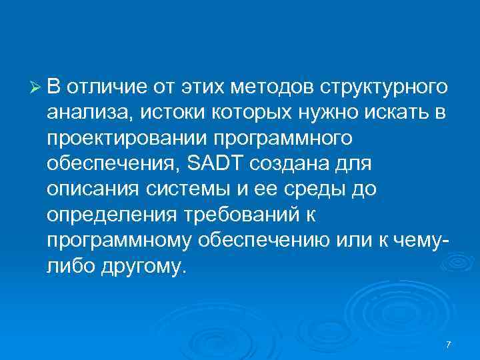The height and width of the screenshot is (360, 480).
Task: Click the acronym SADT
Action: (x=214, y=164)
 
